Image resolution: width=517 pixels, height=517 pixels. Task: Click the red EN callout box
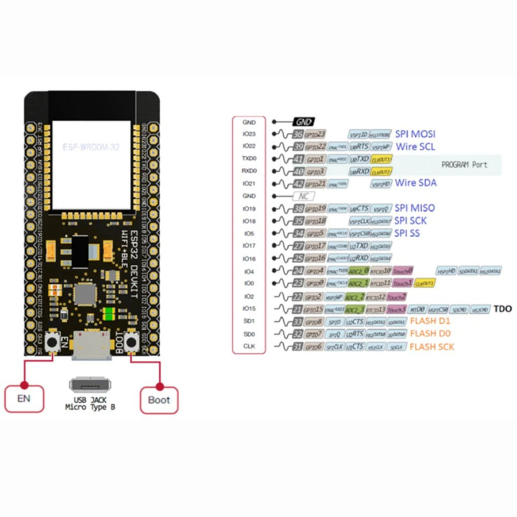[24, 399]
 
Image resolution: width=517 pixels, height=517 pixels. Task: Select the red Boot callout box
[159, 400]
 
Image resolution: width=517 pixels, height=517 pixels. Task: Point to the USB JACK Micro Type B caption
[91, 403]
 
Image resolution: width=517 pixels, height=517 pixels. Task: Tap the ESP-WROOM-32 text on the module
[91, 147]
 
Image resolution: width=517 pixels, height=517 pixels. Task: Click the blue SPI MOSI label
[415, 134]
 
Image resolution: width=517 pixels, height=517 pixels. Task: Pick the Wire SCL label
[415, 146]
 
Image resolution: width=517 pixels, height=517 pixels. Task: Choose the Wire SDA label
[416, 183]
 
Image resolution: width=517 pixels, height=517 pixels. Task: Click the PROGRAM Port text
[464, 165]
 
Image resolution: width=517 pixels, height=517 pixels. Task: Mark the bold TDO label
[502, 309]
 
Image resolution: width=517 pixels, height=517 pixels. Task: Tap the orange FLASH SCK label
[431, 346]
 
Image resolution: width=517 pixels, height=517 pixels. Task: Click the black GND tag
[303, 122]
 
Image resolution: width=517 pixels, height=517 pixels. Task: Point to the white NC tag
[303, 196]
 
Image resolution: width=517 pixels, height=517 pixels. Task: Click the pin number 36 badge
[298, 134]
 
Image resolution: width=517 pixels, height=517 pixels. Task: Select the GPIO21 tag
[315, 184]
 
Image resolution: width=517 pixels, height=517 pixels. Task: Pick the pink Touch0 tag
[403, 271]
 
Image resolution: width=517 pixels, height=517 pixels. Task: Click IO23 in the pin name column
[249, 134]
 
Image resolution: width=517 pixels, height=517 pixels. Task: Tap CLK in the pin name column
[249, 346]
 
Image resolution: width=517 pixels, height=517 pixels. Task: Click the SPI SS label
[407, 233]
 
